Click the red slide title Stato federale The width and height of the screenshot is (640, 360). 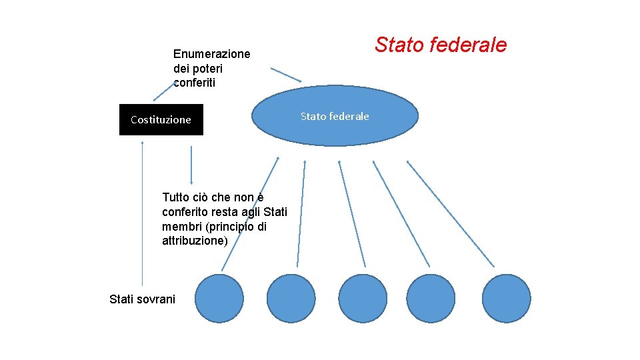441,45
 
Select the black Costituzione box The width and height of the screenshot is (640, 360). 161,120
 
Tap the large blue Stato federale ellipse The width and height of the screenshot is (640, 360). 335,116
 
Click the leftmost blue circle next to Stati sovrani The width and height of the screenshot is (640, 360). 219,298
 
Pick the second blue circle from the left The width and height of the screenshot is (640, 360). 291,298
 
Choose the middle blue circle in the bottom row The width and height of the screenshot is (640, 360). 363,298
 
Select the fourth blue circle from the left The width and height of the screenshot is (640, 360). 430,298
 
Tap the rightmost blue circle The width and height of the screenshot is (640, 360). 506,298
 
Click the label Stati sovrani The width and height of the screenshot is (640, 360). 142,299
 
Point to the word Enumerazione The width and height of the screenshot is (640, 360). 211,54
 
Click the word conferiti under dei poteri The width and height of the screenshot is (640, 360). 194,83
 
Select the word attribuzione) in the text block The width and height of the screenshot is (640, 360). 195,241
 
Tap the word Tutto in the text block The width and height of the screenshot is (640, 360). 175,197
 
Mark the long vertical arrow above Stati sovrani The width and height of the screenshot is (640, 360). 142,213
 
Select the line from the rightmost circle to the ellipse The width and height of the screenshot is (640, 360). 450,213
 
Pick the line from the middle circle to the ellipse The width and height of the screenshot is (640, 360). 352,213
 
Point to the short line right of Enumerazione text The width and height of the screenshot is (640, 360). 285,74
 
